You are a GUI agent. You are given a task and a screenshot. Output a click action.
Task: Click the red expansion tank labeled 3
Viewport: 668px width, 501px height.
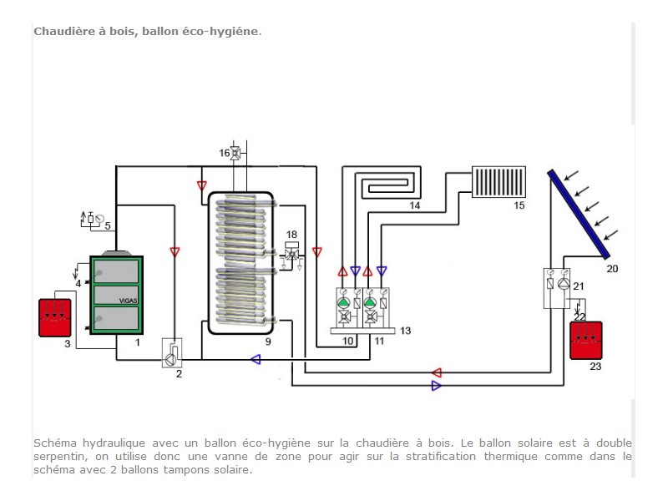point(55,318)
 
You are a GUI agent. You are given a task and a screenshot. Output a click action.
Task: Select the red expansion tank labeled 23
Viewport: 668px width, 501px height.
point(586,341)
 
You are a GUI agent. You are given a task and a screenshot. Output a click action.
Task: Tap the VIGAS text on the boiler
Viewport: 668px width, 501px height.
point(128,301)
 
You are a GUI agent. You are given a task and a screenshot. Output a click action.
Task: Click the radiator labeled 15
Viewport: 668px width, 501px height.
point(498,182)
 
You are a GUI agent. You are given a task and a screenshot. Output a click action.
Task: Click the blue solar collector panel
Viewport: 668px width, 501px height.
point(579,214)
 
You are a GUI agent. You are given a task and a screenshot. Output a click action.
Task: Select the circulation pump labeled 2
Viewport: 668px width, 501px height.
point(172,352)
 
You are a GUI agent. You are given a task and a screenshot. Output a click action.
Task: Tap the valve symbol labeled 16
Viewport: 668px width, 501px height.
point(235,153)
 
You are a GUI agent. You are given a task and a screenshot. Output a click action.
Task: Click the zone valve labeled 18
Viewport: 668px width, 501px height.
point(291,255)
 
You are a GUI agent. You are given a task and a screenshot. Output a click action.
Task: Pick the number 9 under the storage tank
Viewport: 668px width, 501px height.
point(268,342)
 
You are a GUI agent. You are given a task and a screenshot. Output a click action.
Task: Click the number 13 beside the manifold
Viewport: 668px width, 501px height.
point(405,331)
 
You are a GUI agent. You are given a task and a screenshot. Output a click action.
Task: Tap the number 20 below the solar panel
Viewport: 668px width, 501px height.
point(612,269)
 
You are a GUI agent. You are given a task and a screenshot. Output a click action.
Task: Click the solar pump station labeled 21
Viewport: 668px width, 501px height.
point(557,288)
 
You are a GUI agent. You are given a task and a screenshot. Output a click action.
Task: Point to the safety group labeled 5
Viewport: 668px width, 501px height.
point(92,219)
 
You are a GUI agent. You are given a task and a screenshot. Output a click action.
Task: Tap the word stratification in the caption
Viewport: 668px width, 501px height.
point(441,456)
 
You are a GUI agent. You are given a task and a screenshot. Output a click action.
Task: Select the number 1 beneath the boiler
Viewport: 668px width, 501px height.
point(137,342)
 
